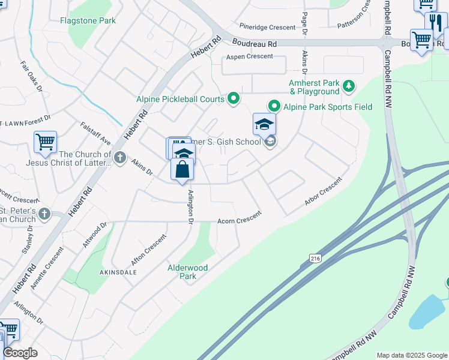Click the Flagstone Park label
(x=88, y=20)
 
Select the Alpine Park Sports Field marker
(x=274, y=106)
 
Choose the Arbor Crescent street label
(x=323, y=191)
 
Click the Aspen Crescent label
(x=249, y=56)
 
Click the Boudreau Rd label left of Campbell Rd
(x=255, y=44)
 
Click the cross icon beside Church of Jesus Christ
(x=120, y=158)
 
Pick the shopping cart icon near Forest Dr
(x=45, y=142)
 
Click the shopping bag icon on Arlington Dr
(x=182, y=169)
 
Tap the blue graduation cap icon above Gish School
(x=264, y=124)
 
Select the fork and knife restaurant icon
(x=436, y=22)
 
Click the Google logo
(x=20, y=353)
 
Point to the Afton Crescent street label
(x=148, y=250)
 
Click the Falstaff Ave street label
(x=95, y=133)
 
